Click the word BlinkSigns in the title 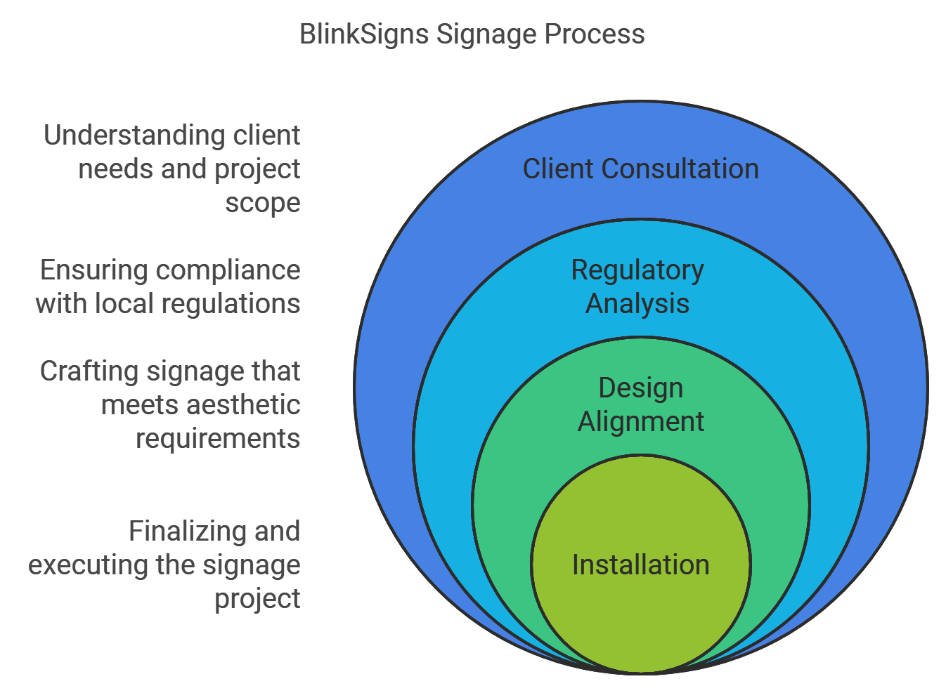(x=364, y=34)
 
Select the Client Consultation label (x=640, y=169)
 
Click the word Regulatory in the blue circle (x=637, y=270)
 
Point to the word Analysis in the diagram (x=637, y=304)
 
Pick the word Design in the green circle (x=640, y=388)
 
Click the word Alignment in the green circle (x=640, y=422)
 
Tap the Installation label (x=640, y=565)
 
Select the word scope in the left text (x=262, y=203)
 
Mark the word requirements (x=217, y=439)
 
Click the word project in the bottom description (x=257, y=599)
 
